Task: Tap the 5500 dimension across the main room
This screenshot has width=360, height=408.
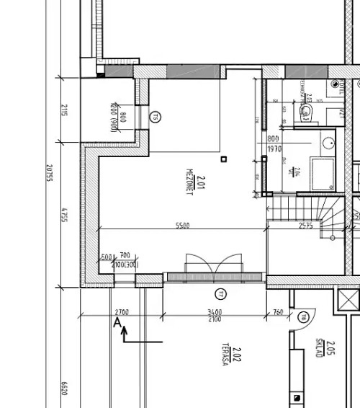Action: point(183,226)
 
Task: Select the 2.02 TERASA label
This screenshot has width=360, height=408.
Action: point(230,354)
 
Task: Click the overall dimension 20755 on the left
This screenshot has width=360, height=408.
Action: point(48,177)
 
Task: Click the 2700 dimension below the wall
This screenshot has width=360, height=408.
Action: point(122,312)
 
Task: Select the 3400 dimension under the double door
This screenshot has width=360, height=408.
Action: point(214,312)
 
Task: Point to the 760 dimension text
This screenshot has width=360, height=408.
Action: point(277,312)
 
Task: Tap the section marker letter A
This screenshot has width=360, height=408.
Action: point(117,324)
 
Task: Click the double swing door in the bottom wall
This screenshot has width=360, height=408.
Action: point(204,265)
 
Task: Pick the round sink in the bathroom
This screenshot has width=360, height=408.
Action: point(328,141)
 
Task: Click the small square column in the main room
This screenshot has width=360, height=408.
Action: point(224,159)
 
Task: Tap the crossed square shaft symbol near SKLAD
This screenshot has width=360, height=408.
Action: point(348,298)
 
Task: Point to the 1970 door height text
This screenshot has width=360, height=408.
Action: point(274,149)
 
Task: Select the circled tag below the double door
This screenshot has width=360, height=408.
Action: point(220,293)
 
